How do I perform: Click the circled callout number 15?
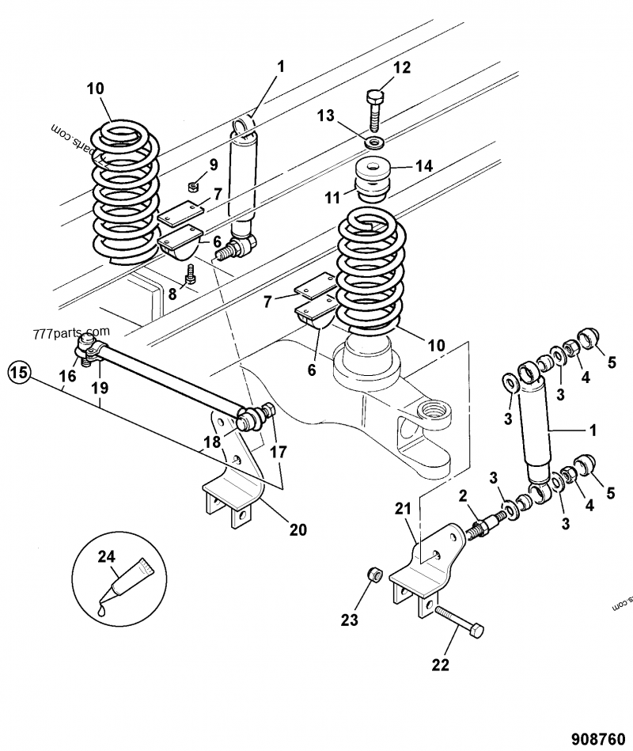pos(21,370)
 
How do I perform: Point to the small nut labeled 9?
pos(192,188)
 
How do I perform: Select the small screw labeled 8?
pos(190,274)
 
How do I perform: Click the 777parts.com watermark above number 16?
pos(71,333)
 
